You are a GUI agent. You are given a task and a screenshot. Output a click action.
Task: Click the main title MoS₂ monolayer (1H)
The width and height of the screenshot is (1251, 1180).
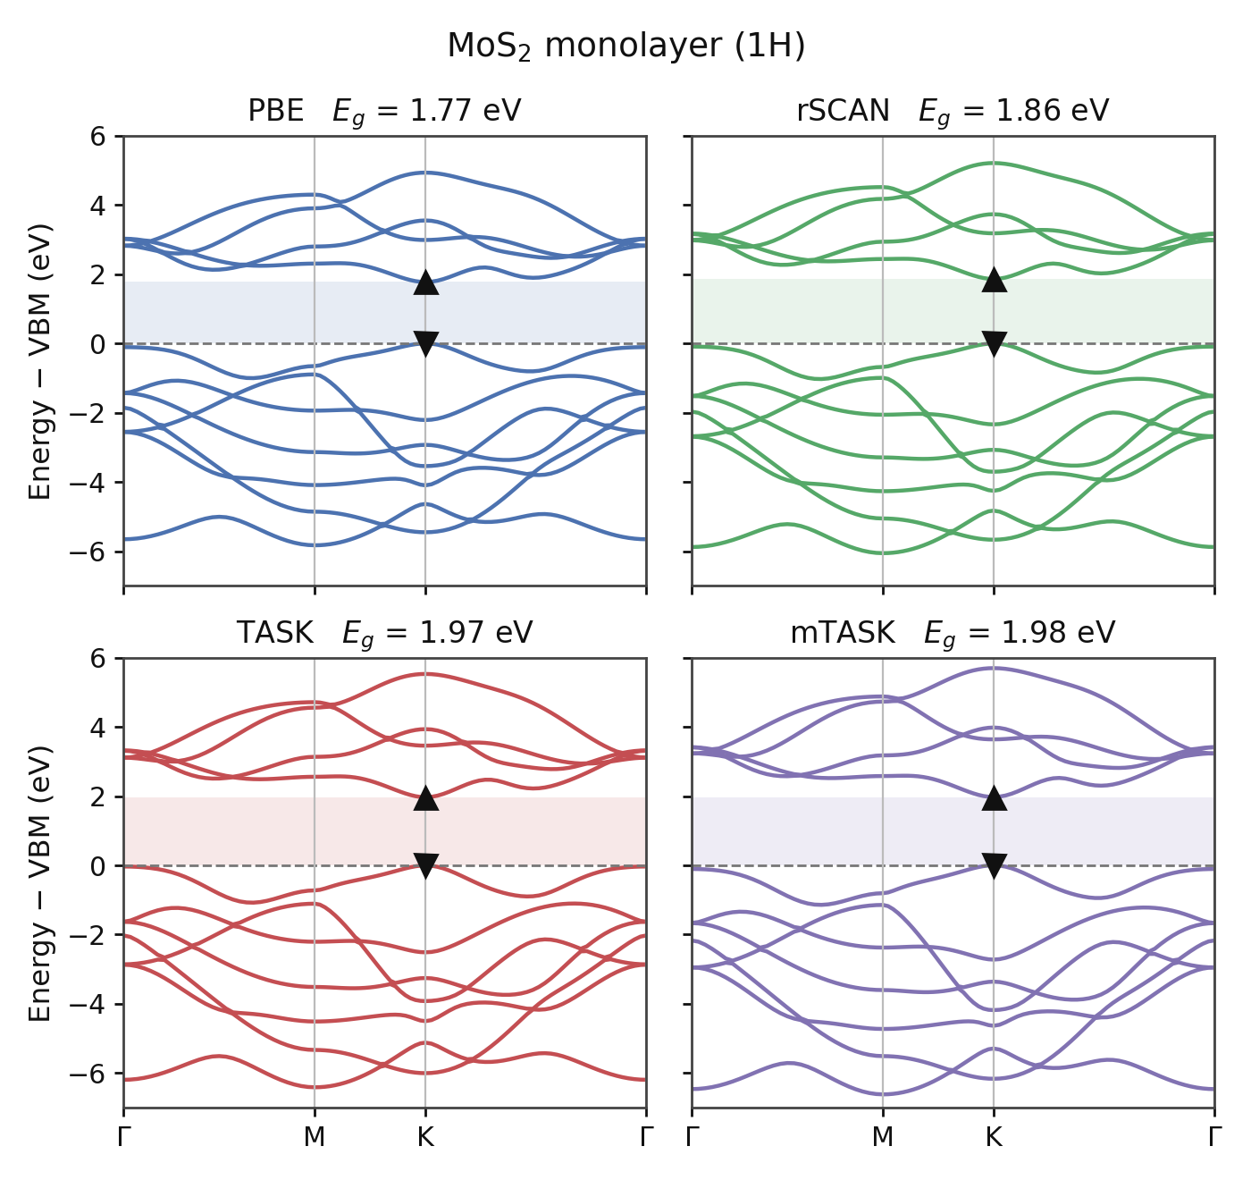click(x=626, y=46)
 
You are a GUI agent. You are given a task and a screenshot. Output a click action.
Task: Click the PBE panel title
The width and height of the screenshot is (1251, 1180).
click(x=384, y=111)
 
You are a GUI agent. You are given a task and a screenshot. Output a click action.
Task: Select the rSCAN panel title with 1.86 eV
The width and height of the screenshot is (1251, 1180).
click(x=953, y=111)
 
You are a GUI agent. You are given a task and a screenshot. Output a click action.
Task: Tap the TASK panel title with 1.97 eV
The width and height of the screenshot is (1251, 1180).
click(x=384, y=633)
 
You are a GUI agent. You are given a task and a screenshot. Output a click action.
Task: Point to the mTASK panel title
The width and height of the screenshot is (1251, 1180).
click(x=953, y=633)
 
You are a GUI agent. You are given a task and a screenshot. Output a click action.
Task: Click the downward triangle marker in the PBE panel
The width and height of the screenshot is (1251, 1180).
click(x=426, y=344)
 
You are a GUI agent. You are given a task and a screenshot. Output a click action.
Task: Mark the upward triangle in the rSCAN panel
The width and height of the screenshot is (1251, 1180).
click(x=994, y=279)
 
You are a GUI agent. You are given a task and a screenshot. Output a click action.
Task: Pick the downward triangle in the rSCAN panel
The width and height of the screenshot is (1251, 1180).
click(x=994, y=344)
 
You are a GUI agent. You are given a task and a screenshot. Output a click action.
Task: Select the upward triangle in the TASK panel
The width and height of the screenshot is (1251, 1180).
click(x=426, y=797)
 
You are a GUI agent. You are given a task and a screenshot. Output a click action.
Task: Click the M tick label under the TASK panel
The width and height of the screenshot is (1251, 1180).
click(x=315, y=1136)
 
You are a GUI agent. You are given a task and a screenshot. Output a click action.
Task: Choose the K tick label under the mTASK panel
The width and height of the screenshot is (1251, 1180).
click(x=994, y=1136)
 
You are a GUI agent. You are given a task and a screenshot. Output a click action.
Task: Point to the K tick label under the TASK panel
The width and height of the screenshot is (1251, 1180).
click(x=425, y=1136)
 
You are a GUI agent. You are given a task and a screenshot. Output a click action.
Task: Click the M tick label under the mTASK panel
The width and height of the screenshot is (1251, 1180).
click(x=883, y=1136)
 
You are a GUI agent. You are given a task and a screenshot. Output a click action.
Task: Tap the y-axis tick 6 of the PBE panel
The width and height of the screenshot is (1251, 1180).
click(x=97, y=136)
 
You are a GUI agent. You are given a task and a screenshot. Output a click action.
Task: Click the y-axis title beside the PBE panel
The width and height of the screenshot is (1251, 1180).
click(x=39, y=361)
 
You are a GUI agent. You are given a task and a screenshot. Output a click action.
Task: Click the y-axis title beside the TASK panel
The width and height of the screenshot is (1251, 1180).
click(x=39, y=883)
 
